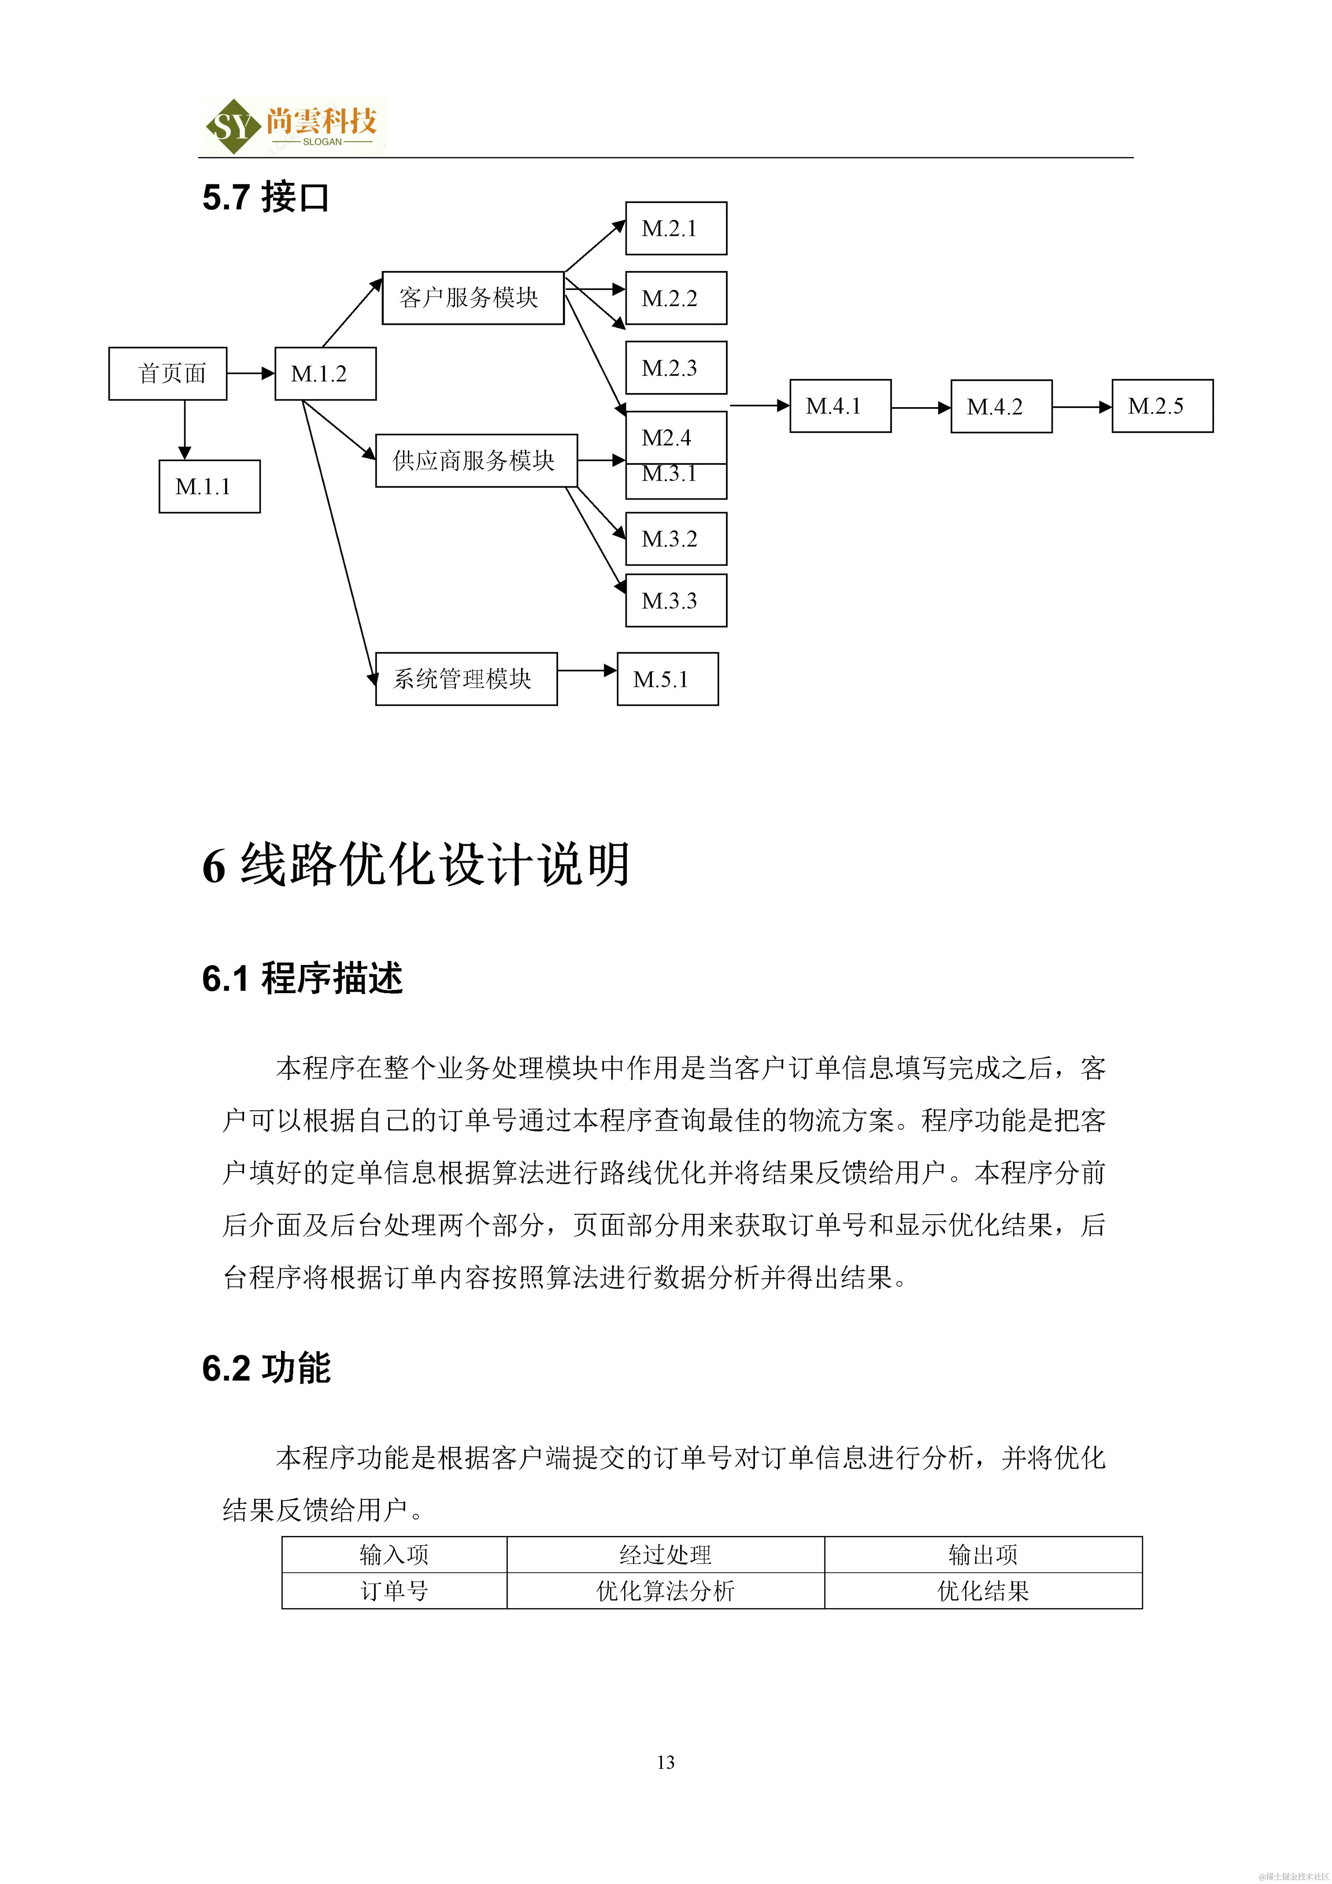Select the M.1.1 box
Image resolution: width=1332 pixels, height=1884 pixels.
(209, 486)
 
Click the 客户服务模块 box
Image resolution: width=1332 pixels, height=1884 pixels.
(473, 298)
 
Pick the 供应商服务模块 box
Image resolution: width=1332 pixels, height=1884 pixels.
(476, 460)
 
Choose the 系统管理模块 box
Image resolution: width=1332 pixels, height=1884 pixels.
(466, 679)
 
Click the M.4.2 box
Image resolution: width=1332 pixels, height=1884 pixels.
(1001, 406)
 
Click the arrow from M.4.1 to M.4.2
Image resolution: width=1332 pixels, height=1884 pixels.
(920, 407)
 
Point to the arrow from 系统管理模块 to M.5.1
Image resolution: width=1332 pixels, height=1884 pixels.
(586, 671)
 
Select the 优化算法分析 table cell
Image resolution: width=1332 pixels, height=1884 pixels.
(665, 1591)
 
